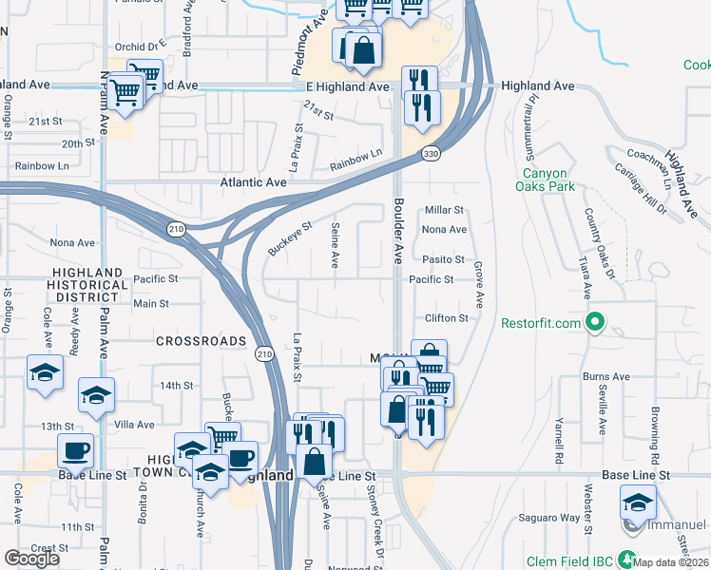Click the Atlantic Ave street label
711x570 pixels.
click(x=253, y=181)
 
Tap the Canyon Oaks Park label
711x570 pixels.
click(x=546, y=180)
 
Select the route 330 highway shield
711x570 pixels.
click(x=432, y=153)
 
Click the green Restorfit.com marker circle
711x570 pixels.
click(x=595, y=324)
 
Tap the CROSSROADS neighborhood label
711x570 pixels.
click(x=201, y=341)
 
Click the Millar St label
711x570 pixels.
click(x=444, y=210)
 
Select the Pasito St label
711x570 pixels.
click(x=444, y=259)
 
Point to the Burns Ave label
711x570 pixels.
click(x=606, y=377)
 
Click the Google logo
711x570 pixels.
click(x=31, y=559)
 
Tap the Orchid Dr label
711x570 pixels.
click(x=136, y=47)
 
